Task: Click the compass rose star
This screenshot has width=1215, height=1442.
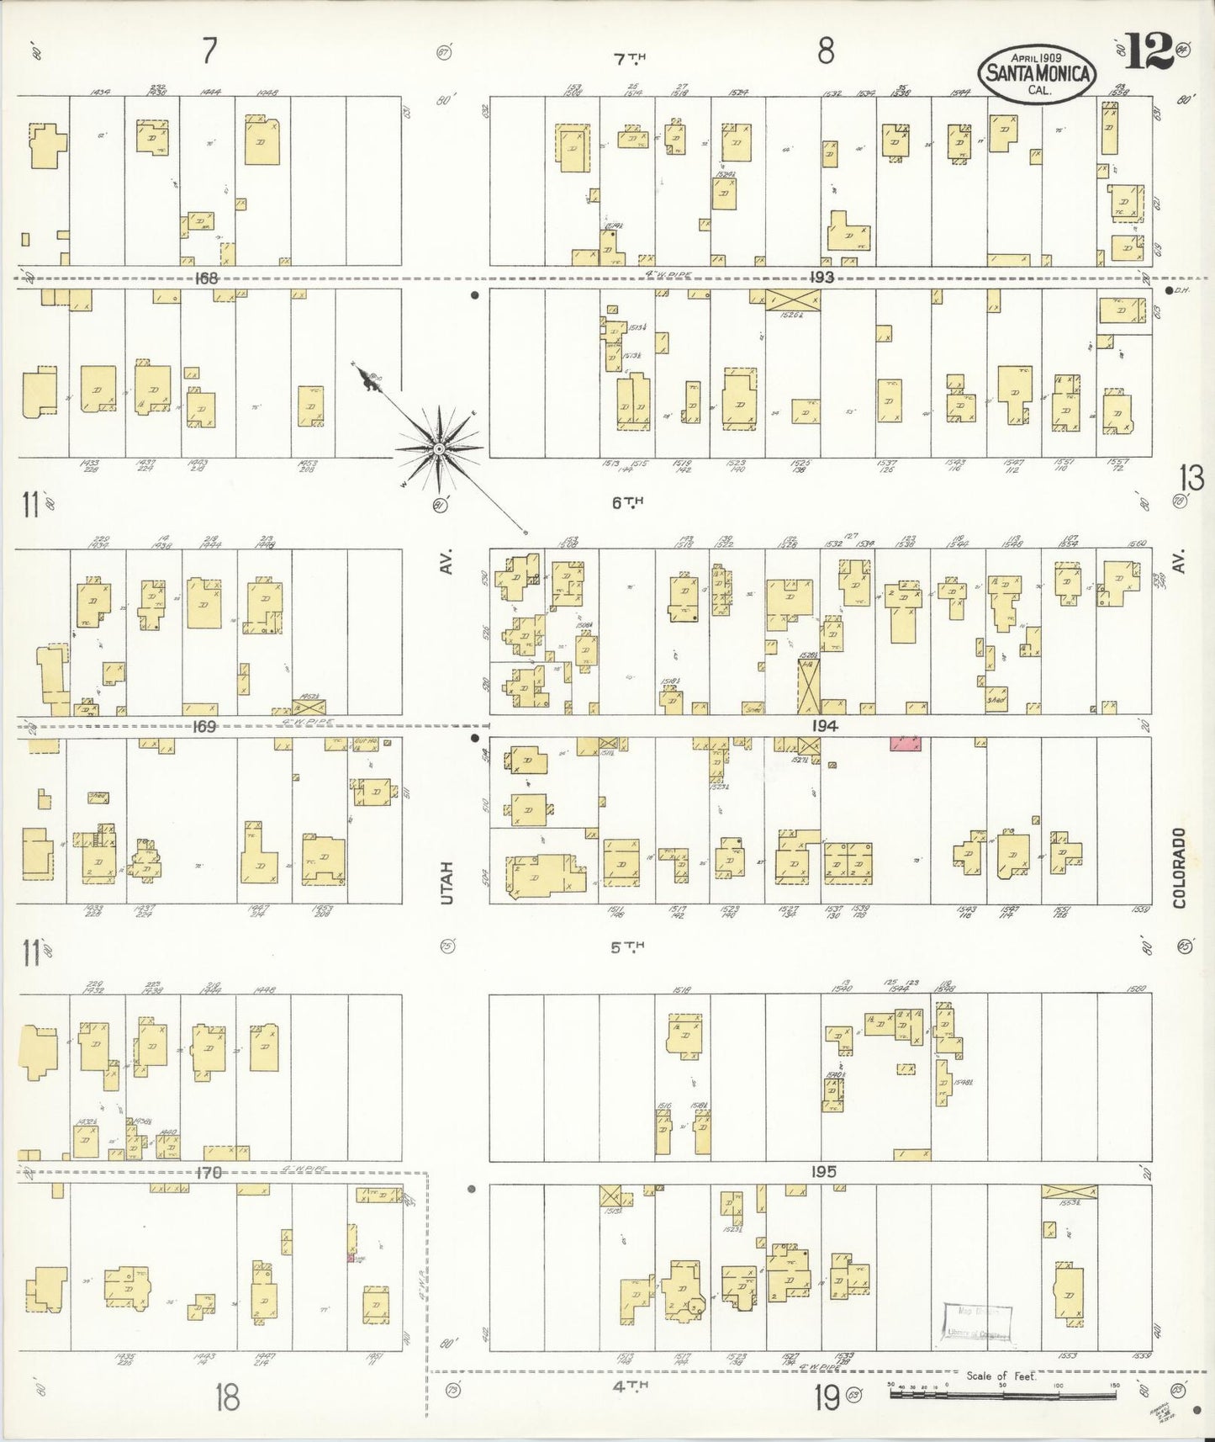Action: point(439,450)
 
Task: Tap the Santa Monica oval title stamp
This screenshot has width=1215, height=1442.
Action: point(1038,73)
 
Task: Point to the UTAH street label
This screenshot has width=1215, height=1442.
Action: point(446,883)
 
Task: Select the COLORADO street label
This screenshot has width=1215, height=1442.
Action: point(1179,867)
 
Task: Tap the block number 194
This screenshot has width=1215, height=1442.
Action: point(824,726)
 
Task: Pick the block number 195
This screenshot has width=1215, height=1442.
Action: point(824,1172)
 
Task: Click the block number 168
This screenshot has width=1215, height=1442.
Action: point(206,278)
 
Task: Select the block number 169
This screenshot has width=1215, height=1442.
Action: point(205,726)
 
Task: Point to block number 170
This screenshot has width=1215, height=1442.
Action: point(209,1172)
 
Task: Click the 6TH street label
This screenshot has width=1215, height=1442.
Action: point(627,502)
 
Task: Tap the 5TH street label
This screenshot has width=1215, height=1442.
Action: point(627,947)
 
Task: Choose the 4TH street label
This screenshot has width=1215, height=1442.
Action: point(631,1383)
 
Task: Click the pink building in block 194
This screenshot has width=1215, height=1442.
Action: point(906,743)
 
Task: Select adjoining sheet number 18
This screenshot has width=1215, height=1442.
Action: point(226,1398)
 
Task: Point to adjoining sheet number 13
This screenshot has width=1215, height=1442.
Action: point(1191,479)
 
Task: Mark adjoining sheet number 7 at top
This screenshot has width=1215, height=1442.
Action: point(209,52)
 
